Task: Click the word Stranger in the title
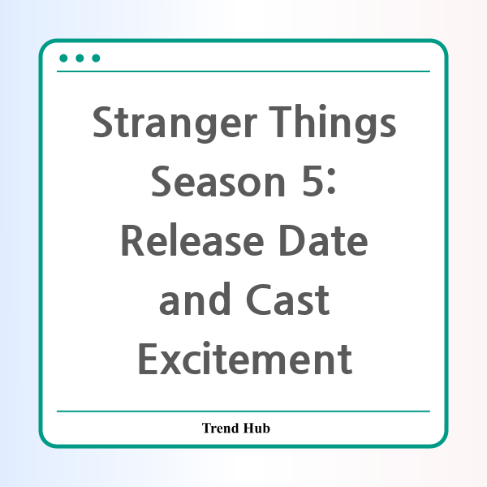175,123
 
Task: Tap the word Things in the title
332,123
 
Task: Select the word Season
218,181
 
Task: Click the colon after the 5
331,185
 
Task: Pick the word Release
192,239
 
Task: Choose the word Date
323,240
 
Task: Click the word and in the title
195,299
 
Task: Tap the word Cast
287,300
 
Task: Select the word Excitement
245,359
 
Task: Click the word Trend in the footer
221,428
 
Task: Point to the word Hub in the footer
256,428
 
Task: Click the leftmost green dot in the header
63,58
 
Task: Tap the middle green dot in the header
80,58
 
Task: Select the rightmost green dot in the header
96,58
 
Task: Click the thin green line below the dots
243,71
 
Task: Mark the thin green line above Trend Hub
243,412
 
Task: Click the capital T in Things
280,122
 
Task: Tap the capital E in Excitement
149,359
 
